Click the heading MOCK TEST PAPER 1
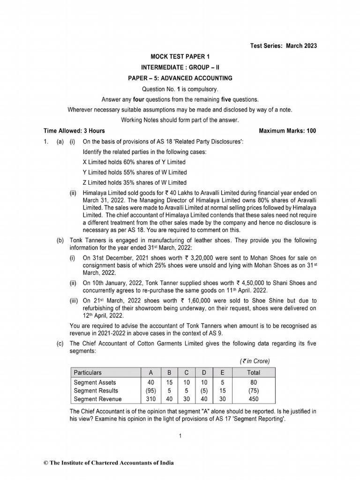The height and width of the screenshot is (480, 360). [180, 56]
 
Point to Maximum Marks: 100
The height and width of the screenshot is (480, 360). [287, 131]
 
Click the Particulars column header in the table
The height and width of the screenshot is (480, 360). [88, 373]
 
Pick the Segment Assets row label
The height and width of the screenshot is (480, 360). [95, 382]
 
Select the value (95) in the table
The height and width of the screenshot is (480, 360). [150, 390]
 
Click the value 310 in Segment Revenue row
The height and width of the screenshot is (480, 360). [150, 399]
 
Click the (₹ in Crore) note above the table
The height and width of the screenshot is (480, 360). [254, 360]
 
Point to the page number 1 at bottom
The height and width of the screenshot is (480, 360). [180, 436]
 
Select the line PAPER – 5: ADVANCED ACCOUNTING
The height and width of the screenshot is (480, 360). [180, 78]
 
